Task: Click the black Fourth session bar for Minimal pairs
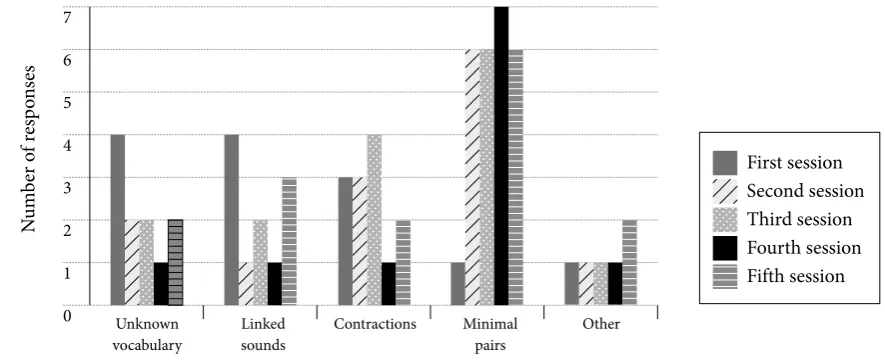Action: (501, 156)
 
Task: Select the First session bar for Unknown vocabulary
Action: (117, 220)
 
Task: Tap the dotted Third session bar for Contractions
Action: (374, 220)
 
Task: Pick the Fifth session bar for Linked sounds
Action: (289, 242)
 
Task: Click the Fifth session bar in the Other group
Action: (629, 262)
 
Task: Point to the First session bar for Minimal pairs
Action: (458, 284)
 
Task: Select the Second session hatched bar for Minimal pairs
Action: (472, 177)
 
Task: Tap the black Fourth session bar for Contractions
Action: (388, 284)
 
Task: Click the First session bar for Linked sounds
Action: (231, 220)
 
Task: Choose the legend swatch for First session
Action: (724, 163)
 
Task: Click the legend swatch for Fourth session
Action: (724, 248)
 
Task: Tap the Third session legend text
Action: (799, 219)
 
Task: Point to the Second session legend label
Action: (805, 191)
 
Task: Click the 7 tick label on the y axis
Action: (67, 17)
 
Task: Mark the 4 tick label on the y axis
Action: (67, 145)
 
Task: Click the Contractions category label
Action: (375, 324)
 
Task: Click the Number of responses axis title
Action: (29, 149)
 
